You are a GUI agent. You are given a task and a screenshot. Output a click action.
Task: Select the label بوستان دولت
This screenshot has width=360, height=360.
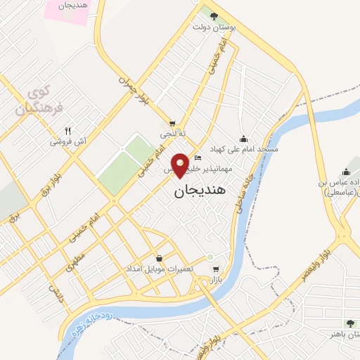tap(214, 27)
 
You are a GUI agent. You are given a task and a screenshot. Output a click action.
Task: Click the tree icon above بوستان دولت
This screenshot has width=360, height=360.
tap(214, 16)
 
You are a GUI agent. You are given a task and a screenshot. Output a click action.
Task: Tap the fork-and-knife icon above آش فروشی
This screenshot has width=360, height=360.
tap(68, 130)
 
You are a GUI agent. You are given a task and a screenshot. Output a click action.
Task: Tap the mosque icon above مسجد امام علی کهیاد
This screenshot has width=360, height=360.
tap(243, 139)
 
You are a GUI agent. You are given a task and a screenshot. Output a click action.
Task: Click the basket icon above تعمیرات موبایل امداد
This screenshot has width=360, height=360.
tap(160, 258)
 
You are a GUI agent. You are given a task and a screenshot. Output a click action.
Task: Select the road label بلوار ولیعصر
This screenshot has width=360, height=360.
tap(314, 264)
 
